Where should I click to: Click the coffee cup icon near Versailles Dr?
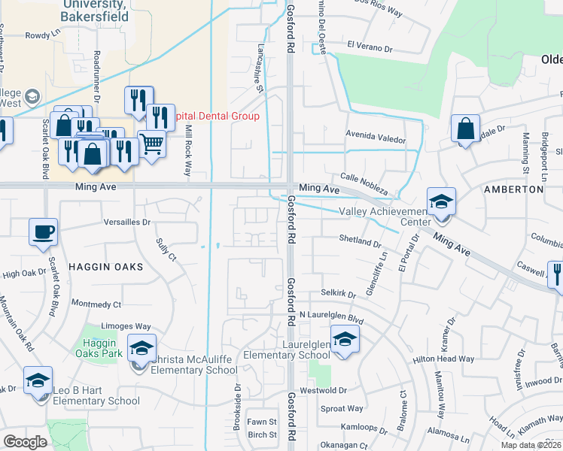click(x=42, y=231)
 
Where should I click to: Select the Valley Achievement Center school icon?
click(x=441, y=201)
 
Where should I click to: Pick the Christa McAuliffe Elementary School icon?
click(x=141, y=347)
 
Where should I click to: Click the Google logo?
click(x=25, y=441)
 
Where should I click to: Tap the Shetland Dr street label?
click(x=359, y=243)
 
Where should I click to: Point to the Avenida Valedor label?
click(x=375, y=139)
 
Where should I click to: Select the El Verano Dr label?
click(x=370, y=47)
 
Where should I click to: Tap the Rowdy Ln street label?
click(x=42, y=35)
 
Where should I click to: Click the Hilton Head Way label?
click(x=443, y=359)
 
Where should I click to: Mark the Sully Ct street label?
click(x=166, y=249)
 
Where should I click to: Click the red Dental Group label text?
click(x=217, y=116)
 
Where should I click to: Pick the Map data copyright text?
click(x=531, y=445)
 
